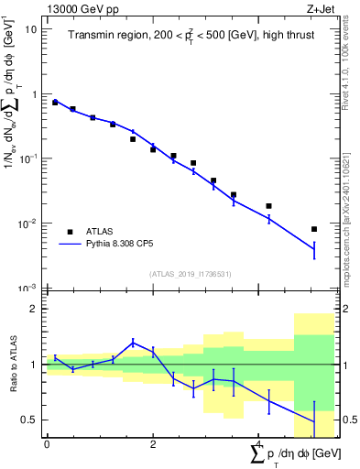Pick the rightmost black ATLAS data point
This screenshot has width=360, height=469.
pos(314,229)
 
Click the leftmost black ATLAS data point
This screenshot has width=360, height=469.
pos(55,103)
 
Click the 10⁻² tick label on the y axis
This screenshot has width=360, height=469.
pos(28,224)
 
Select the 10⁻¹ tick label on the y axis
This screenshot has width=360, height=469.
pos(28,158)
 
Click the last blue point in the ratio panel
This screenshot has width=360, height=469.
pos(314,422)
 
